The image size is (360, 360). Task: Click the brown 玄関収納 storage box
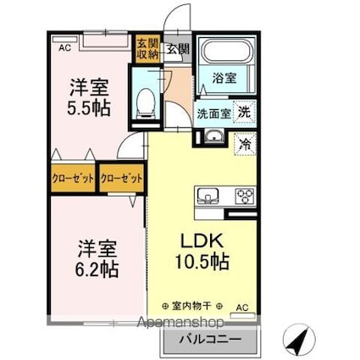147,48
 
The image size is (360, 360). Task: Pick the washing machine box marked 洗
243,113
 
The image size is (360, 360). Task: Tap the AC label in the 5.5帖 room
64,47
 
